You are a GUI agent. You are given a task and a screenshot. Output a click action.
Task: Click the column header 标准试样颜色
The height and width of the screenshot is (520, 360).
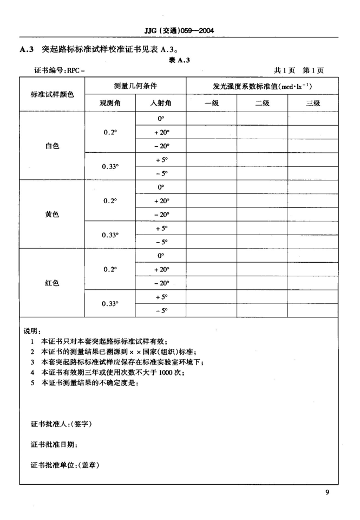[x=52, y=94]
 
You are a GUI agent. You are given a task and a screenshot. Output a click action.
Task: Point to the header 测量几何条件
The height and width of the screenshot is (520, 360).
[x=135, y=86]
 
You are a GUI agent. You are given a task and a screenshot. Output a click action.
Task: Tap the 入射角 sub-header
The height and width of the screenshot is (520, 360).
[x=161, y=103]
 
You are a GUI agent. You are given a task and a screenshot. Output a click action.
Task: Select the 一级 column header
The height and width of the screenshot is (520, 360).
[x=211, y=103]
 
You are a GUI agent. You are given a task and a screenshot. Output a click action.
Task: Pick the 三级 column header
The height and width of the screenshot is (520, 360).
[x=313, y=103]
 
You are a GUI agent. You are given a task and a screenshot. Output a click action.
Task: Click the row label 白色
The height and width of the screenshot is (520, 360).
[x=52, y=145]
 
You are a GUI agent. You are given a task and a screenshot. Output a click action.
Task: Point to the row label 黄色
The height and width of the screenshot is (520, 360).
[x=52, y=214]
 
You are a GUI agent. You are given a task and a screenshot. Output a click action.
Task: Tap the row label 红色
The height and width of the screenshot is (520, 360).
[x=52, y=283]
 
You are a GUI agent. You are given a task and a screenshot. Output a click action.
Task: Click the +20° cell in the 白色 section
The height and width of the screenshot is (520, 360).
[x=161, y=132]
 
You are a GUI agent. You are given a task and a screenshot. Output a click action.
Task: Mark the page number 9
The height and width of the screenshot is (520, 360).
[x=328, y=492]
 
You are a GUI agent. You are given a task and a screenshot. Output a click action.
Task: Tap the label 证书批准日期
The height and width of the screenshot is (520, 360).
[x=54, y=444]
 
